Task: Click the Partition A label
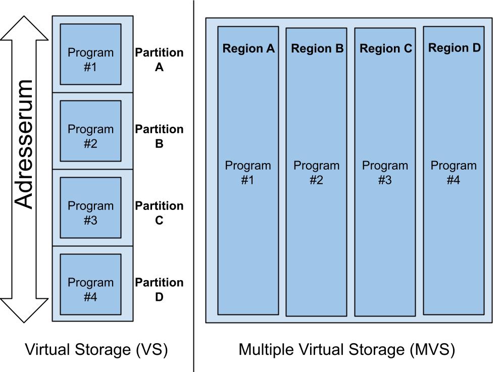click(159, 60)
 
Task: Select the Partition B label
click(159, 136)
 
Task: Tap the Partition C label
click(159, 213)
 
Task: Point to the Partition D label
click(159, 290)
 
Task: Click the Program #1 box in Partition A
click(90, 54)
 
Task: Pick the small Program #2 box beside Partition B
click(90, 131)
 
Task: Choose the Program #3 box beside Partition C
click(90, 207)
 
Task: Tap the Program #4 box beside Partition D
click(90, 284)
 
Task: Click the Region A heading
click(248, 48)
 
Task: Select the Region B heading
click(317, 48)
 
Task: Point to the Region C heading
click(386, 48)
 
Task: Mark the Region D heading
click(455, 48)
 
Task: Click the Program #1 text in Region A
click(248, 173)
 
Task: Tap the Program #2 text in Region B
click(317, 173)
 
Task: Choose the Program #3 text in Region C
click(385, 173)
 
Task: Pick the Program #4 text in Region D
click(454, 173)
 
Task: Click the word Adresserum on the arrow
click(24, 144)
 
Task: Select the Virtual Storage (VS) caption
click(96, 349)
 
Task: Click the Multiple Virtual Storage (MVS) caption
click(346, 349)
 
